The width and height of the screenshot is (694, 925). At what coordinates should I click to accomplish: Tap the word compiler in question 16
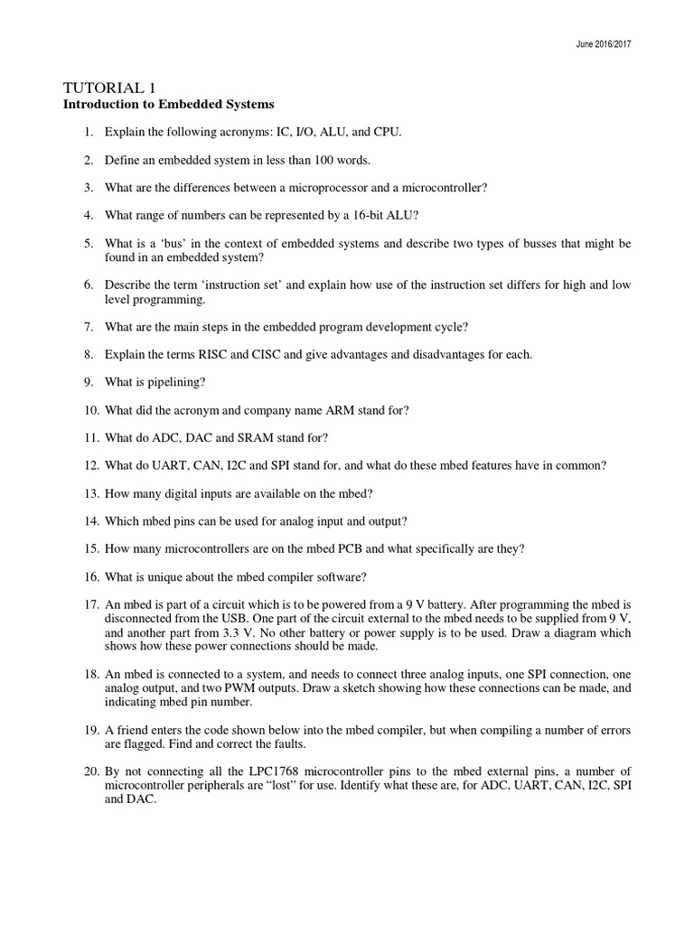[x=265, y=577]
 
